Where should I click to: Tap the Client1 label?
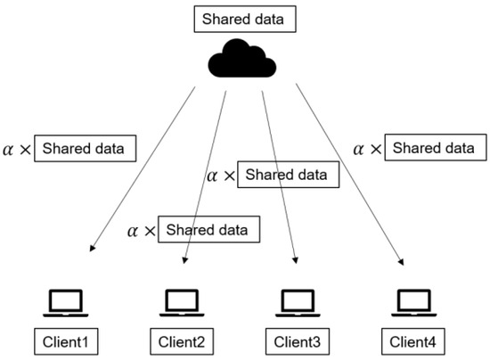64,340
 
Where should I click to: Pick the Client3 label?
297,340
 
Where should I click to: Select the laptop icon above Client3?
297,303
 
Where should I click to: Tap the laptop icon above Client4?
413,303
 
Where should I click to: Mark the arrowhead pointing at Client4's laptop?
402,261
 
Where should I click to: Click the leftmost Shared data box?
85,148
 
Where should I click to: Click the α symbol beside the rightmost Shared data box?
361,146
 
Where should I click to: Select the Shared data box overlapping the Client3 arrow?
289,175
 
